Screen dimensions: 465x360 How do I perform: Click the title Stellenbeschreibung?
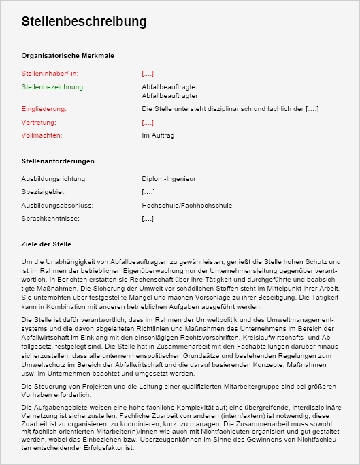point(84,22)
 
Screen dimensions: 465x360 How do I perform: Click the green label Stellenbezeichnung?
point(53,88)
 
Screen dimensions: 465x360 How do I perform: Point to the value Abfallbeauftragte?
point(169,88)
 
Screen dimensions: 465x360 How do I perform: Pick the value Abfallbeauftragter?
point(169,96)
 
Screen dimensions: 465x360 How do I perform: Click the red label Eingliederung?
point(44,109)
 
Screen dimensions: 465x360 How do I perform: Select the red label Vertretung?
point(39,123)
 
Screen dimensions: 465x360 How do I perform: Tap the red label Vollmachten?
point(42,135)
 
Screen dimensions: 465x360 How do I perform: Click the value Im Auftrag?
point(158,135)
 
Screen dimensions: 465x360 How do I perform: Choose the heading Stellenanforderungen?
point(58,161)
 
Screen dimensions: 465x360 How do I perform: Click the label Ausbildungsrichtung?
point(54,179)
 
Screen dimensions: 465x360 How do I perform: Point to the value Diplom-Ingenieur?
point(169,179)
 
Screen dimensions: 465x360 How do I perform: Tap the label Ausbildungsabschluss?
point(57,205)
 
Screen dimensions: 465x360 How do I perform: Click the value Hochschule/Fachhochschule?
point(187,205)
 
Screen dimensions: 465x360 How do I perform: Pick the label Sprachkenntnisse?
point(50,219)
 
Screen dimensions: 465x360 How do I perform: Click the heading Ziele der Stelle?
point(46,244)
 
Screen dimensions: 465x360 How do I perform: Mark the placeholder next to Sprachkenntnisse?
point(148,219)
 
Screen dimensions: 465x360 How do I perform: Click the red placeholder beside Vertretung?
point(148,123)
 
